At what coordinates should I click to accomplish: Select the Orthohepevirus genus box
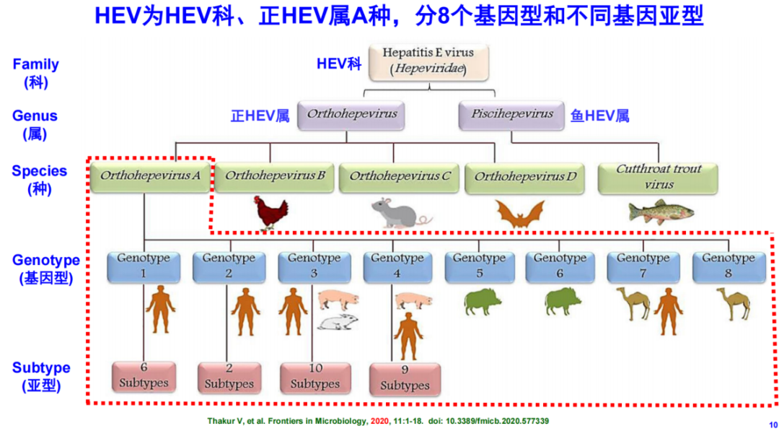(351, 115)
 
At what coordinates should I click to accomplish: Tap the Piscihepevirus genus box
(511, 115)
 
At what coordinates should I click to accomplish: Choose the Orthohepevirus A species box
(151, 176)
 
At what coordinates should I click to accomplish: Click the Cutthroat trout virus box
(659, 178)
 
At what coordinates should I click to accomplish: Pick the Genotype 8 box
(729, 266)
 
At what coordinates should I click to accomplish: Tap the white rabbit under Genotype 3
(335, 323)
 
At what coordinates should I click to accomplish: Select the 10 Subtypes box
(315, 377)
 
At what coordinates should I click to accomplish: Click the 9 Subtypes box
(405, 378)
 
